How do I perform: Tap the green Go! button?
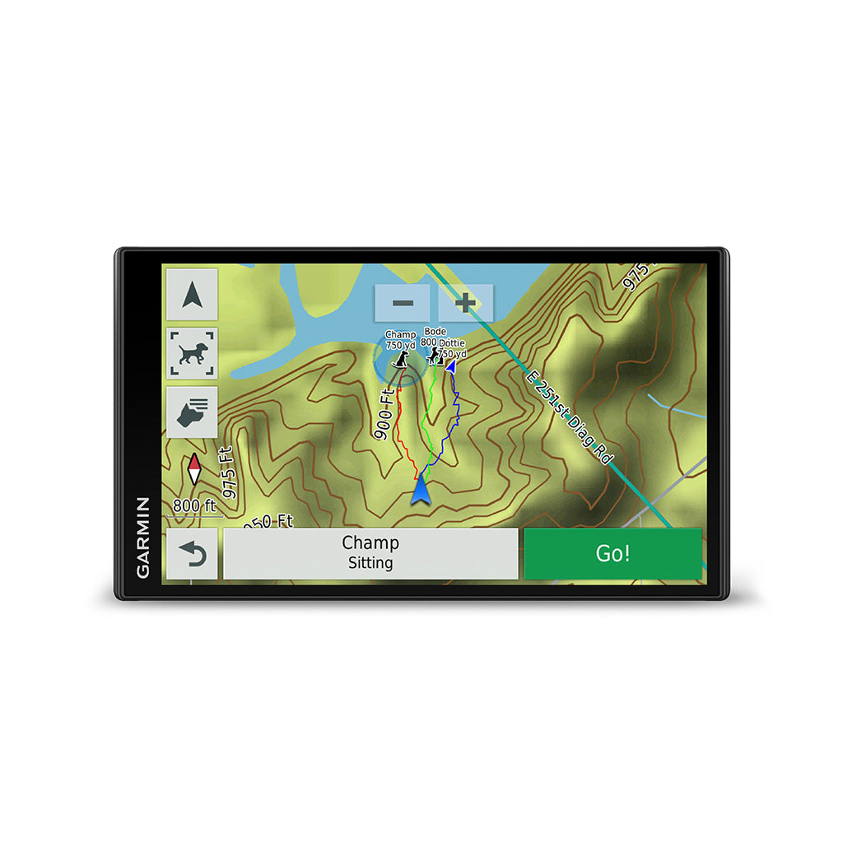point(612,553)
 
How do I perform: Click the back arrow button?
point(192,554)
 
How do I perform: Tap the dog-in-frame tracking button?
point(192,352)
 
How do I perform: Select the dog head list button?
point(192,412)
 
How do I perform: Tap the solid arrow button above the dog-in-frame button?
point(192,294)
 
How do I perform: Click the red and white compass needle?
point(194,469)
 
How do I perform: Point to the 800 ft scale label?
point(194,505)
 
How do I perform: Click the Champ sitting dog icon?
point(401,361)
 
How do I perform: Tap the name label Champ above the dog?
point(401,335)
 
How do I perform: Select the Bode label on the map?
point(435,332)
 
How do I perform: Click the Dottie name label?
point(451,342)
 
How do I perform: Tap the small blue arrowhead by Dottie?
point(450,366)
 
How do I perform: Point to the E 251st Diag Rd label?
point(570,417)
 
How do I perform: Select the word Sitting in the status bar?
point(370,563)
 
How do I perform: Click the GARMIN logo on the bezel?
point(143,537)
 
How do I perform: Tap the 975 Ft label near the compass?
point(229,473)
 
